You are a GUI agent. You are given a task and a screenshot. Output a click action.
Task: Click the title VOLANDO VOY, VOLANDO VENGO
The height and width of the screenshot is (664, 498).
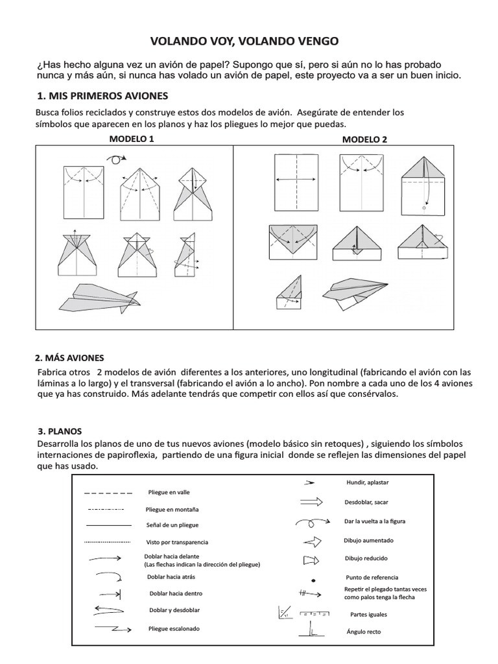point(244,42)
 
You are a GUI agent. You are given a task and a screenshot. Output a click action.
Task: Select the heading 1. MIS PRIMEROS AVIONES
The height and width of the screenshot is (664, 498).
point(103,96)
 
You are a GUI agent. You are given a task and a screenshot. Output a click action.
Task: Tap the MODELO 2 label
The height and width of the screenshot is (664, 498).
point(364,139)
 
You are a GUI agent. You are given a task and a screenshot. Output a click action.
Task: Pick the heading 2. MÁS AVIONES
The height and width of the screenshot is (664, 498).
point(69,358)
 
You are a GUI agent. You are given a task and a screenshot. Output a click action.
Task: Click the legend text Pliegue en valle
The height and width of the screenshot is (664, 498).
point(169,493)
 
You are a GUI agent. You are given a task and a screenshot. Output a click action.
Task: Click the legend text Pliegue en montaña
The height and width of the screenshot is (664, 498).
point(173,509)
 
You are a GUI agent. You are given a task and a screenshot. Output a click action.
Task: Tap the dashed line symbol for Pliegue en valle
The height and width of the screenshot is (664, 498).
point(108,493)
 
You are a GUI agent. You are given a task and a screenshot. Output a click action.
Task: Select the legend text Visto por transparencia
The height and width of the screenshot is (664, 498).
point(178,541)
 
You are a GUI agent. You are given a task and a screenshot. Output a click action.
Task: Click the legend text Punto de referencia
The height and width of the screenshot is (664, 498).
point(372,577)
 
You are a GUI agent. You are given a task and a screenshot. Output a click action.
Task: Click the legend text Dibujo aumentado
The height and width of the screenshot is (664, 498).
point(368,540)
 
